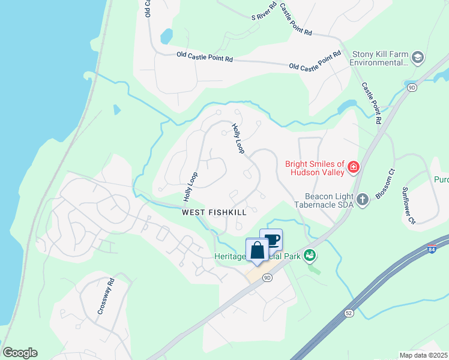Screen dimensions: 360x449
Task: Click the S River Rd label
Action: coord(264,11)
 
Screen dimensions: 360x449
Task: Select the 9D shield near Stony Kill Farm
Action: coord(411,88)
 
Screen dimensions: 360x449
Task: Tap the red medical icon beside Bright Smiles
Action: coord(353,167)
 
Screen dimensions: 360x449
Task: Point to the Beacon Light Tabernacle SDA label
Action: coord(327,200)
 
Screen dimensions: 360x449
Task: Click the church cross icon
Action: coord(362,199)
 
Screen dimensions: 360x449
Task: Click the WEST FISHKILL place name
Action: coord(214,213)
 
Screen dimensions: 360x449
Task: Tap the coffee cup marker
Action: coord(271,240)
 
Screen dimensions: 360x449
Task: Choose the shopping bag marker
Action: coord(258,250)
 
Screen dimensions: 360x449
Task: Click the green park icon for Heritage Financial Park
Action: coord(310,256)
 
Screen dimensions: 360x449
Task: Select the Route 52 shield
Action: coord(349,313)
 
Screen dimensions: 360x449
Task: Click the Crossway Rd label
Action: coord(106,296)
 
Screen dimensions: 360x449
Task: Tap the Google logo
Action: coord(20,353)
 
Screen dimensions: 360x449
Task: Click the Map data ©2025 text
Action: coord(423,355)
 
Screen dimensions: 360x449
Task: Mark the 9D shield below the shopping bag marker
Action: coord(268,277)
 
